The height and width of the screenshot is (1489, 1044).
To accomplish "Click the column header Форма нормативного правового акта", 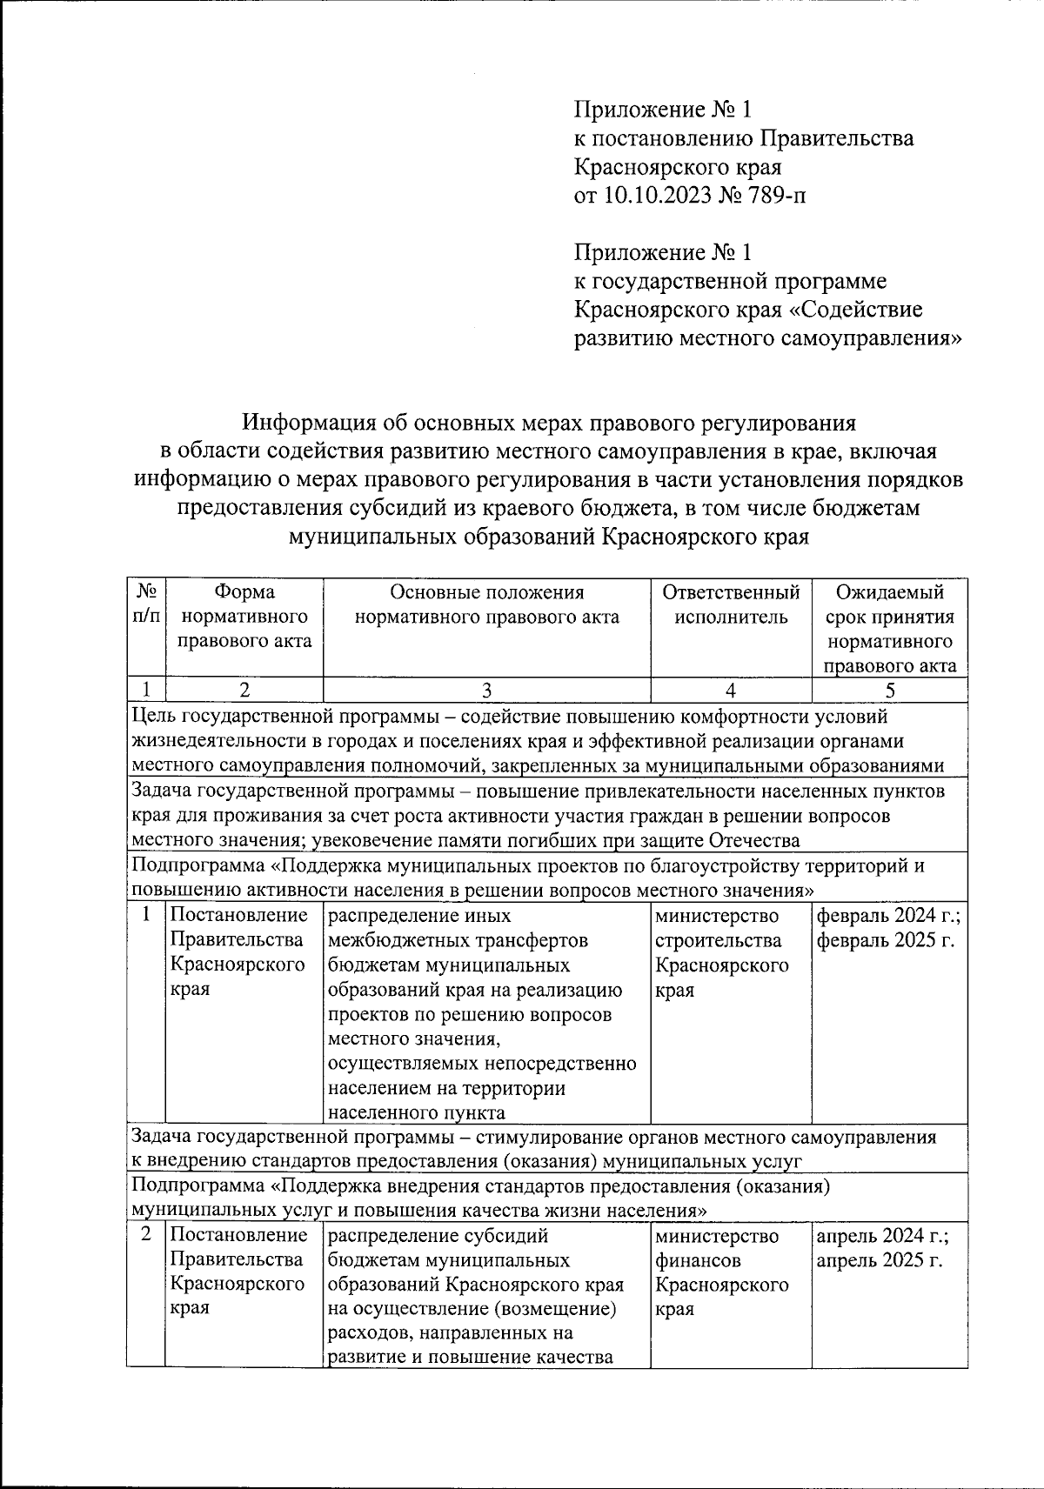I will pos(244,617).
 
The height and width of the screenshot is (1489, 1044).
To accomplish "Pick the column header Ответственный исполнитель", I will pos(731,604).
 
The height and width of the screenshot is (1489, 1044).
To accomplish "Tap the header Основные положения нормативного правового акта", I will pos(486,604).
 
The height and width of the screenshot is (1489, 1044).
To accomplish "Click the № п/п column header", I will pos(146,604).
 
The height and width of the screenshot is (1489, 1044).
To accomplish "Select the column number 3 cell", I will pos(486,691).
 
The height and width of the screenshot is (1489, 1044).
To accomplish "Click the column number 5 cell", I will pos(889,691).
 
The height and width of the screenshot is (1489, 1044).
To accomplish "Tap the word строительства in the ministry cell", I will pos(718,941).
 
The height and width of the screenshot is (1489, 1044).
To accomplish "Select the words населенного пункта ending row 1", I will pos(416,1113).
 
